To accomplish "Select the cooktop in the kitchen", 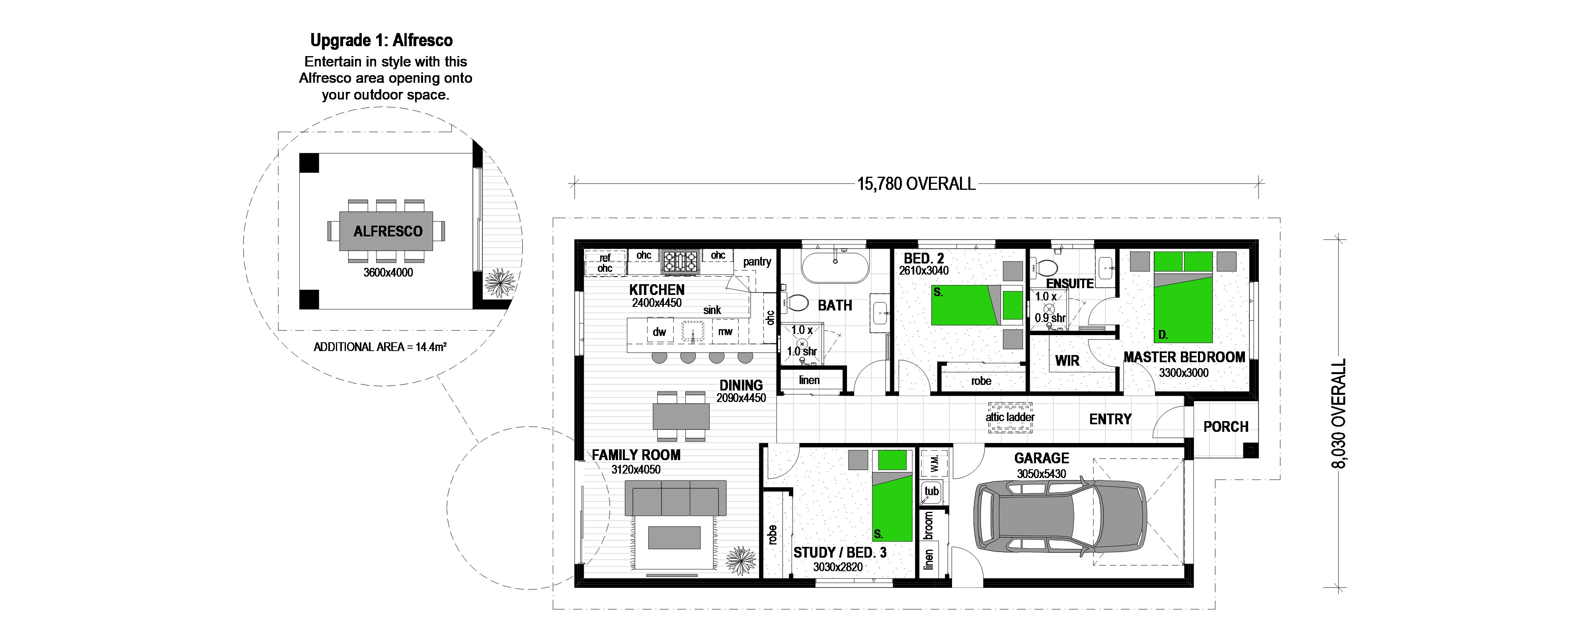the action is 681,261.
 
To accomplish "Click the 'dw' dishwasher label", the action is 659,332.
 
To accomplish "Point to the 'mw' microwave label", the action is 725,332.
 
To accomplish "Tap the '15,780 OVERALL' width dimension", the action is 916,183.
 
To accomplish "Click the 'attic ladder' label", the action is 1010,417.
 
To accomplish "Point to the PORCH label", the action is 1225,427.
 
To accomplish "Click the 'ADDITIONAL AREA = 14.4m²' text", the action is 380,347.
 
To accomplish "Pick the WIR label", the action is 1067,361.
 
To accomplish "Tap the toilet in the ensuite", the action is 1044,268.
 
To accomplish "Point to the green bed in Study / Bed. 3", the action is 892,496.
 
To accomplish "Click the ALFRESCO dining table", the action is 388,231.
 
